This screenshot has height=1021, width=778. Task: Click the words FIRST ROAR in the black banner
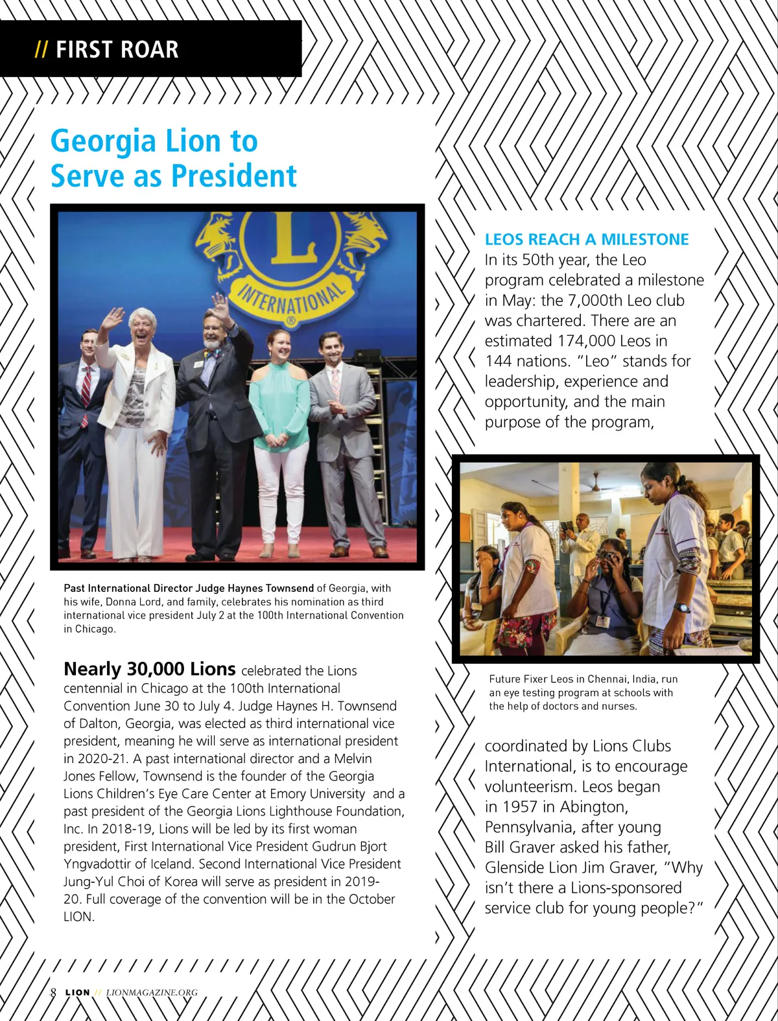(117, 50)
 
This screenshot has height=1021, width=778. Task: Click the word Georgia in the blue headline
(103, 141)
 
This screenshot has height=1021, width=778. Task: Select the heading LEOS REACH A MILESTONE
(587, 239)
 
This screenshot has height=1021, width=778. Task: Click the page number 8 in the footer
(53, 992)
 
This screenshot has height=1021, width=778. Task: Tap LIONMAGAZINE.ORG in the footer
(152, 992)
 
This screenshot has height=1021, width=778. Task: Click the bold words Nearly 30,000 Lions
(149, 669)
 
